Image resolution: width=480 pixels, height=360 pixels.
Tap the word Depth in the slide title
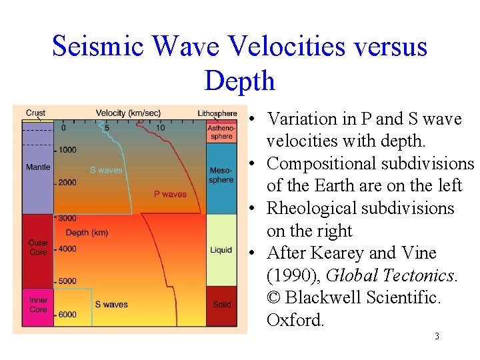click(x=239, y=81)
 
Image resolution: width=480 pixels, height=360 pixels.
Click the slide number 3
click(x=437, y=337)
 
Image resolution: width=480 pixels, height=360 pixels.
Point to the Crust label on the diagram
click(x=35, y=113)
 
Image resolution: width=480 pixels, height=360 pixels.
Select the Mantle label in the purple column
click(x=38, y=167)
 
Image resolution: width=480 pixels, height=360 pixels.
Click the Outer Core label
click(x=38, y=247)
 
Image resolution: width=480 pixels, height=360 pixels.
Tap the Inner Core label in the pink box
click(x=38, y=305)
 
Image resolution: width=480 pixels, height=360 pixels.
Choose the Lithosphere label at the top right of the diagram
click(x=217, y=113)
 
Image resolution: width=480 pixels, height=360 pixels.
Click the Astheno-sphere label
click(x=221, y=132)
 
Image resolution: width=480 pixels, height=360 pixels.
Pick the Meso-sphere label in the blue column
click(x=221, y=175)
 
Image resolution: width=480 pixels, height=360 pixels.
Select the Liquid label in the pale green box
click(x=221, y=250)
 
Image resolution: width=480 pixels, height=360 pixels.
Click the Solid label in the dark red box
click(x=222, y=305)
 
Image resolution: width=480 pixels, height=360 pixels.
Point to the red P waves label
click(x=170, y=194)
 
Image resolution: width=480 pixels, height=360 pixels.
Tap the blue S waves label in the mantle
click(x=106, y=170)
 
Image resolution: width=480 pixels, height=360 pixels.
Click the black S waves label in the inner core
click(x=111, y=305)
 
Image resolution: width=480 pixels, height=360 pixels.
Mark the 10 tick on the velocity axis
click(x=161, y=127)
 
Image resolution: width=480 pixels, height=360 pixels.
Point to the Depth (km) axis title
click(x=87, y=233)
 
